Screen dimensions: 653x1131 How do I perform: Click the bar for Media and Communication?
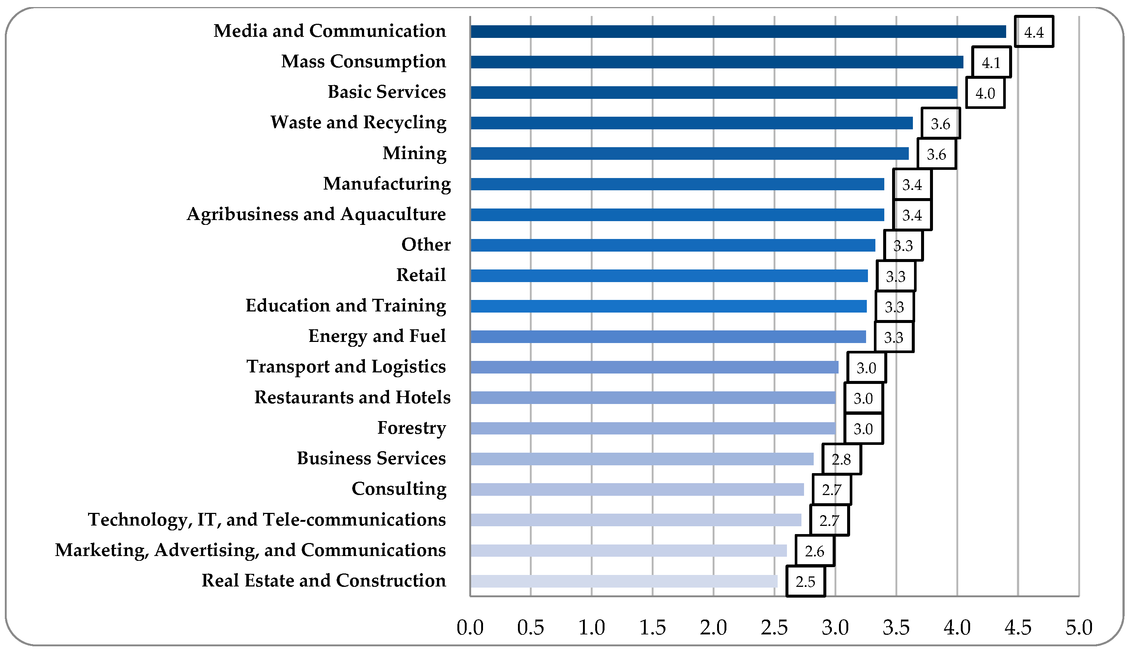pyautogui.click(x=738, y=31)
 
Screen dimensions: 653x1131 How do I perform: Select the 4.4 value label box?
pyautogui.click(x=1034, y=32)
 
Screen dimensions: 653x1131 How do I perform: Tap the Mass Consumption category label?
pyautogui.click(x=363, y=61)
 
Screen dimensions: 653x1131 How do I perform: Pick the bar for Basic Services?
pyautogui.click(x=714, y=93)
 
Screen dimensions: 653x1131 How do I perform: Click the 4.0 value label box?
pyautogui.click(x=985, y=93)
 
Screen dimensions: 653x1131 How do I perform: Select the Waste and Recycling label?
pyautogui.click(x=358, y=122)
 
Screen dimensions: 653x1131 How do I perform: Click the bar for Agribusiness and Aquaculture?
pyautogui.click(x=677, y=215)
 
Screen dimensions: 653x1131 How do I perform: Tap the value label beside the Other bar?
pyautogui.click(x=903, y=245)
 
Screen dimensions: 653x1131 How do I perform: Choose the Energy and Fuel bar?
pyautogui.click(x=668, y=337)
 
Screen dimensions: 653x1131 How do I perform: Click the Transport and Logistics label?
pyautogui.click(x=346, y=366)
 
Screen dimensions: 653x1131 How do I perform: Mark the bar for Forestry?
pyautogui.click(x=653, y=428)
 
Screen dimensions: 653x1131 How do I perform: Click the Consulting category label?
pyautogui.click(x=399, y=489)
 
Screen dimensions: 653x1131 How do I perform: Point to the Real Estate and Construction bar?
pyautogui.click(x=623, y=581)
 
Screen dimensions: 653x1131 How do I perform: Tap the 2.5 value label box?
pyautogui.click(x=805, y=582)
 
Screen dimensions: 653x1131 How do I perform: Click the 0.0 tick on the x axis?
pyautogui.click(x=470, y=627)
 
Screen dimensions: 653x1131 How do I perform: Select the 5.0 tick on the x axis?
pyautogui.click(x=1079, y=627)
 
